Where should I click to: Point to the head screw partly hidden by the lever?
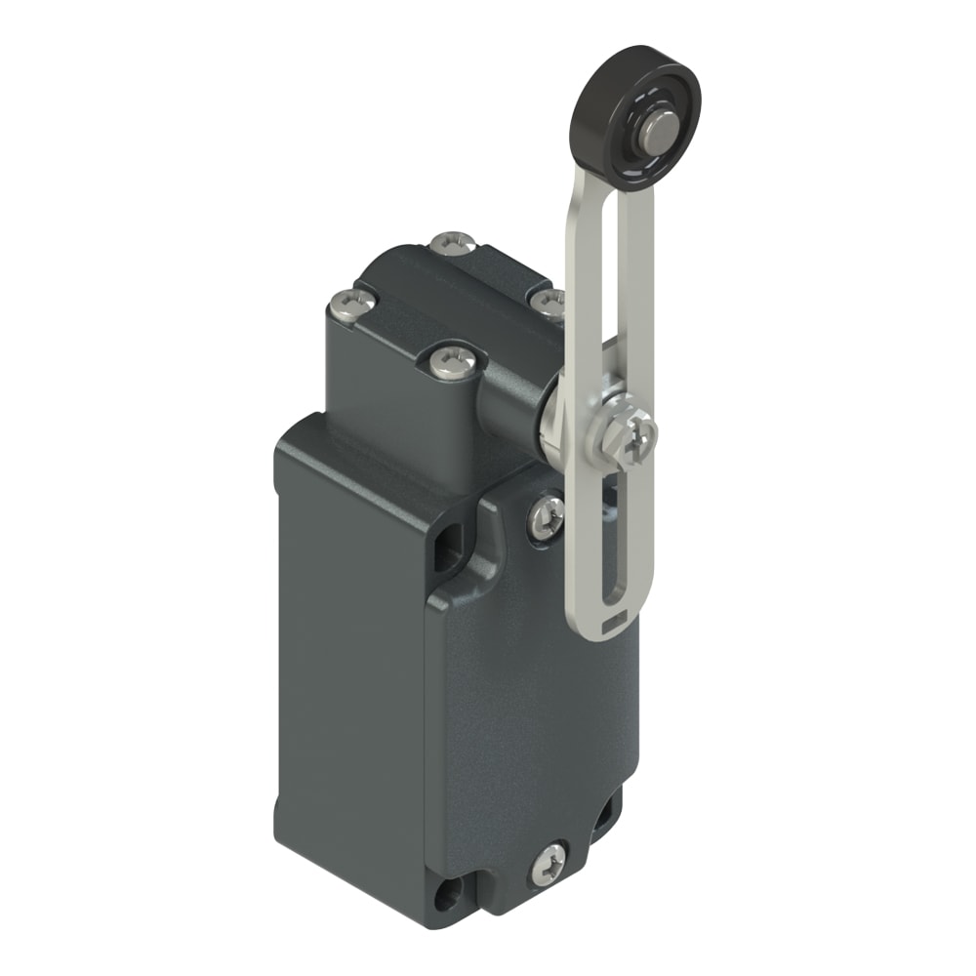tap(549, 301)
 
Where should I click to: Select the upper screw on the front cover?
tap(546, 514)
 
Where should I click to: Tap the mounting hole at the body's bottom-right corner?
tap(604, 809)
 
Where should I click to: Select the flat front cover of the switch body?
tap(527, 703)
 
